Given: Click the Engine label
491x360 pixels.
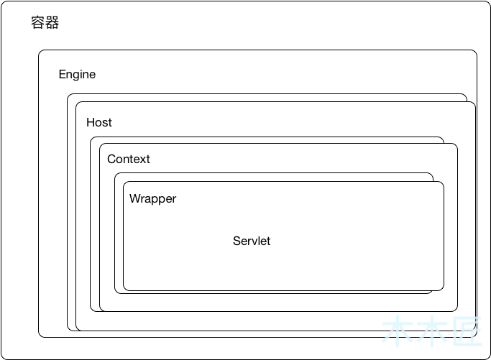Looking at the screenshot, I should click(x=77, y=75).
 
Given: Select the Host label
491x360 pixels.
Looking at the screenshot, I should click(x=99, y=123).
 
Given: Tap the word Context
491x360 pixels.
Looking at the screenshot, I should click(x=129, y=160).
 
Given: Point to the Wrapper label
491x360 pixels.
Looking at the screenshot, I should click(x=152, y=199).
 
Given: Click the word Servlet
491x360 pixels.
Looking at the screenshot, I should click(x=252, y=241).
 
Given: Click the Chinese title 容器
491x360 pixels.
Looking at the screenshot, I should click(x=45, y=23).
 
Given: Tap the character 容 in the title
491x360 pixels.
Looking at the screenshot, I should click(x=38, y=23).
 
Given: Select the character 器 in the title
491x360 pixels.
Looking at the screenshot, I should click(x=52, y=23).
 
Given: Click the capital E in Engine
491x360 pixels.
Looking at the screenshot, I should click(x=63, y=75).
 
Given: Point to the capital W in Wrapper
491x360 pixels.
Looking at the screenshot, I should click(x=134, y=199).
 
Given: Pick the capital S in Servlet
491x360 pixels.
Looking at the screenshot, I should click(x=237, y=241).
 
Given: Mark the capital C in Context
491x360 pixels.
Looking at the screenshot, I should click(x=111, y=160).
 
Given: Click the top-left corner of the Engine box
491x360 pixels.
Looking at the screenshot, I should click(x=40, y=51).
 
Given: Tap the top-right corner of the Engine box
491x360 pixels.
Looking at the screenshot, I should click(x=476, y=51).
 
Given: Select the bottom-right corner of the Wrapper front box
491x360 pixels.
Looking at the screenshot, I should click(x=443, y=290).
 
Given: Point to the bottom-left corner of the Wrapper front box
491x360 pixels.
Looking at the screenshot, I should click(x=124, y=290).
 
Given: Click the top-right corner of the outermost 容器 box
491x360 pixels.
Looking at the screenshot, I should click(x=489, y=2).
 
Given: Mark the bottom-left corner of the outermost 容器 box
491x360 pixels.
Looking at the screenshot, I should click(x=2, y=358).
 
